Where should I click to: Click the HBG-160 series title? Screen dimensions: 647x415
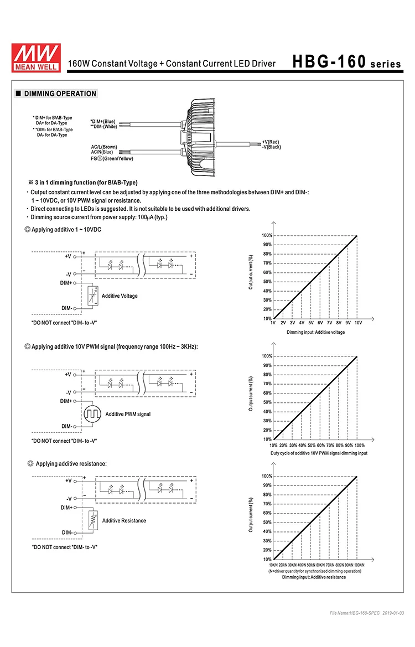coord(346,63)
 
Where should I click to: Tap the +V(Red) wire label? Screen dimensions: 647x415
coord(271,142)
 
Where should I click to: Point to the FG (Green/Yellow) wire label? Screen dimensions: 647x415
coord(112,159)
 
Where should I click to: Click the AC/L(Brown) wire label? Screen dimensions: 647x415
coord(104,147)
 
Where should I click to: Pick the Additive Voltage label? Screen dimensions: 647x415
coord(120,296)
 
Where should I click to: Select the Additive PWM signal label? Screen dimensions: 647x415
coord(128,414)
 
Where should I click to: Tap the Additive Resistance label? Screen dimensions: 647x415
coord(124,521)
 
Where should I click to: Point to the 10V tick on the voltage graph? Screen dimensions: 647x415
coord(358,323)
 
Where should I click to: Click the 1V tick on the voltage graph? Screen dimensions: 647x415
coord(273,323)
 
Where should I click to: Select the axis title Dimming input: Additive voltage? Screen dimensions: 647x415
coord(315,332)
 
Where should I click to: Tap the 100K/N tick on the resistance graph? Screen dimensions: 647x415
coord(359,565)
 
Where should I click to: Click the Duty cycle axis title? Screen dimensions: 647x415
coord(319,453)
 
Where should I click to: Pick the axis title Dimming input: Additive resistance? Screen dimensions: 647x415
coord(314,577)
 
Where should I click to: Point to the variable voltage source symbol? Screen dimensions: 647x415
coord(92,296)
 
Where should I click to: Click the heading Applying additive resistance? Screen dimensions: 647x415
coord(71,463)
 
